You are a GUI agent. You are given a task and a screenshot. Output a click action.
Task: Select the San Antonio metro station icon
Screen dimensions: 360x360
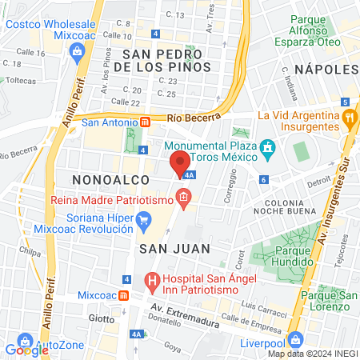[x=146, y=122]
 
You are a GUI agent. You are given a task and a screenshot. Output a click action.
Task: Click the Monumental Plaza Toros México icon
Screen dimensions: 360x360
[x=268, y=148]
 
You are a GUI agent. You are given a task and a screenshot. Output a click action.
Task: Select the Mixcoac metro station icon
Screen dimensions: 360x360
[x=123, y=294]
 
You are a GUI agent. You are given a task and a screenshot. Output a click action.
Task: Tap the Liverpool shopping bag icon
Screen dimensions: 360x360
[x=295, y=338]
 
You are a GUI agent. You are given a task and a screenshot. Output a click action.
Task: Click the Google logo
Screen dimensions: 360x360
[x=26, y=349]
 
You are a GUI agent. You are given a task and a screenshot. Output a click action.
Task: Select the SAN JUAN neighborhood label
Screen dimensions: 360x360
[x=174, y=249]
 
